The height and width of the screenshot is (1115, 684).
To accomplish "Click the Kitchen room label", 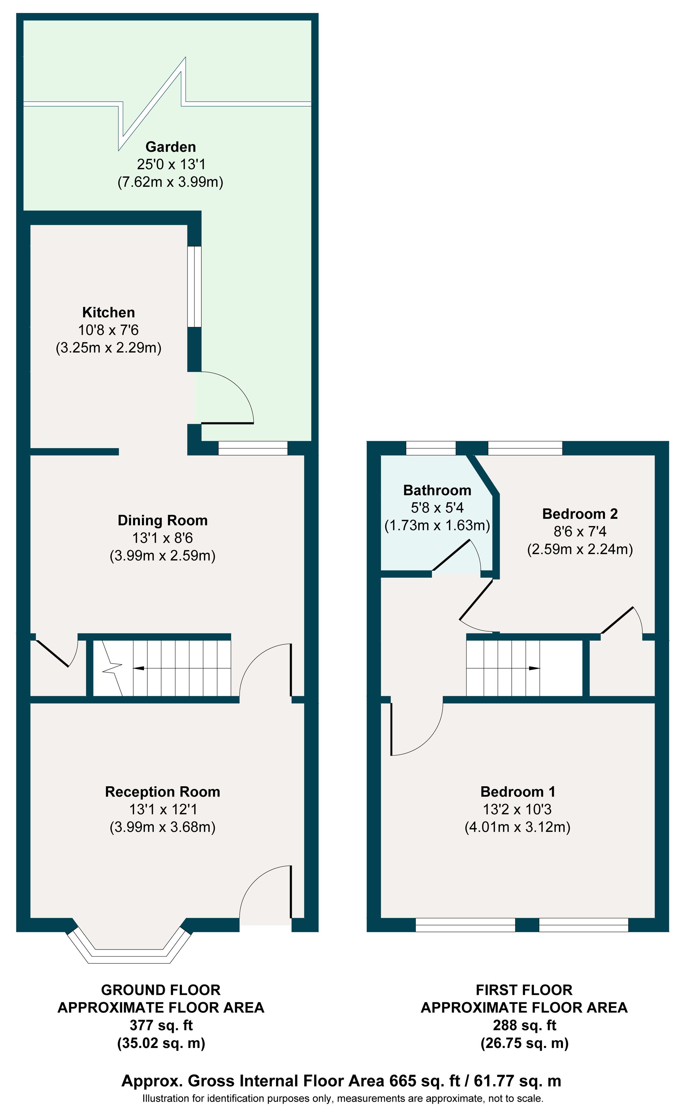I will click(x=108, y=312).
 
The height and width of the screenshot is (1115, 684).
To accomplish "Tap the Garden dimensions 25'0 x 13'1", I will click(x=171, y=164).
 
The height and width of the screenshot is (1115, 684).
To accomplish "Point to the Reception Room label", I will click(x=162, y=791).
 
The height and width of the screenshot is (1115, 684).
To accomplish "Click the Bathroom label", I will click(x=437, y=490).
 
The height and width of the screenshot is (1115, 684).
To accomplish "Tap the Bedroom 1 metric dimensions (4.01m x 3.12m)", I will click(x=517, y=827).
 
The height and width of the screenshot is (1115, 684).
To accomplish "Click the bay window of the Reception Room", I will click(x=130, y=946).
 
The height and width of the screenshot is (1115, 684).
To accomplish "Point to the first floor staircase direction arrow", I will click(x=534, y=668).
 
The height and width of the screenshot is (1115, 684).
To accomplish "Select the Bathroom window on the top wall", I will click(x=431, y=448).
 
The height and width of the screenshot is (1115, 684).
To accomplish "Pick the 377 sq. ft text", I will click(x=161, y=1025).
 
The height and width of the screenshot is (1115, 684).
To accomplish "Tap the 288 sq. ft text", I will click(x=524, y=1025).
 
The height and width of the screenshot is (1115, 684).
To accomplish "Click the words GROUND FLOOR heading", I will click(x=161, y=990).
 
